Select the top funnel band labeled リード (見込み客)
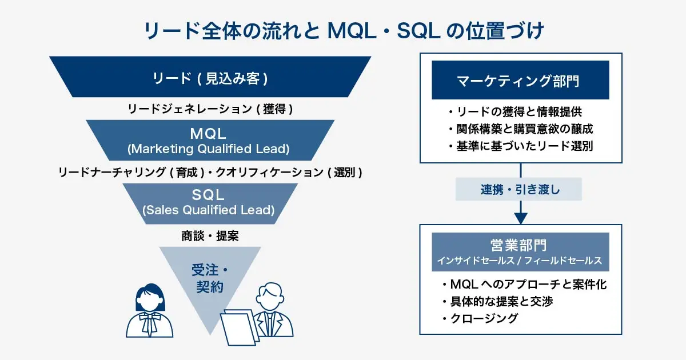click(x=210, y=78)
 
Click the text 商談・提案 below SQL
click(x=210, y=235)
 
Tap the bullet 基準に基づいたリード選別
click(x=520, y=146)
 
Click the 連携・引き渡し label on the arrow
click(x=519, y=190)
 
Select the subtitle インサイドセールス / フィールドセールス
click(x=520, y=261)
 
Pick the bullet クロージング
click(x=480, y=319)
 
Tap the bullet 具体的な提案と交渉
click(x=498, y=301)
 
